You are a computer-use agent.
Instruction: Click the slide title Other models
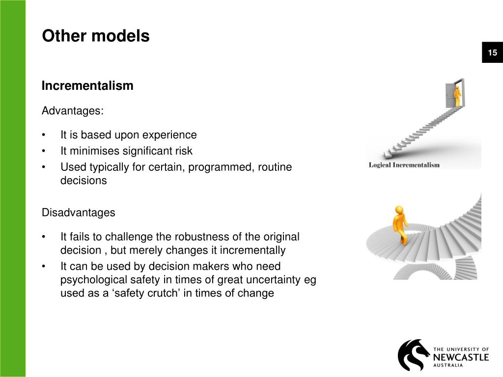click(96, 36)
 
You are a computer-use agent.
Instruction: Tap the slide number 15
click(492, 53)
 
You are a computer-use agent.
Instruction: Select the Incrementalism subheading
click(87, 86)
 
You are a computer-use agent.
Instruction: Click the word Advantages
click(72, 111)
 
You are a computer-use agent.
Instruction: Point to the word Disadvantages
click(78, 213)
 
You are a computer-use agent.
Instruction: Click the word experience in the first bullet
click(172, 135)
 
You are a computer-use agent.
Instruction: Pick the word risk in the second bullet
click(183, 151)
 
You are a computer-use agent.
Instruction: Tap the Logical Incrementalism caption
click(404, 165)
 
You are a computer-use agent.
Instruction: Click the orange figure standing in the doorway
click(457, 96)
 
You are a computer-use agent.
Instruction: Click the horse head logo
click(413, 354)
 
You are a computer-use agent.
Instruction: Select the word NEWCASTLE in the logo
click(461, 356)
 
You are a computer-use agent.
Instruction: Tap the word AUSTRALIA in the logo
click(448, 366)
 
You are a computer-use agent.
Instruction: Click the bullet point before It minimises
click(44, 151)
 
